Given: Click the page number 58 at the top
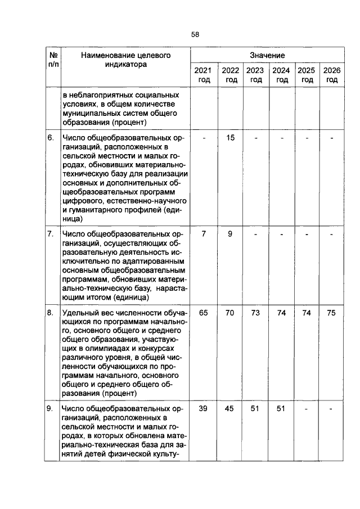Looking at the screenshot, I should [x=195, y=34].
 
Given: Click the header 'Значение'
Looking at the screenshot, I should [x=267, y=56].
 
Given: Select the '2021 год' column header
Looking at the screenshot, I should [x=203, y=75].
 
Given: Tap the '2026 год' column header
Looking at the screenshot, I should [x=332, y=75].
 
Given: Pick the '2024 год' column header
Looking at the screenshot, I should [x=281, y=75].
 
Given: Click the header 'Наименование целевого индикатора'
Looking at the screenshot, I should [x=125, y=60].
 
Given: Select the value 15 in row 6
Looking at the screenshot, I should [x=229, y=138].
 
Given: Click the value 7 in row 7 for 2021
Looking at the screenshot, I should [x=204, y=234].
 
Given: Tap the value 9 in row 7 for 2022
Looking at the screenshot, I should [x=229, y=234].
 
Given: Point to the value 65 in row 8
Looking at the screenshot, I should [x=204, y=313].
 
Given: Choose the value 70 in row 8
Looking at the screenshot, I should [x=229, y=313].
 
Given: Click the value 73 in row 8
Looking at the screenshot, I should [x=255, y=313].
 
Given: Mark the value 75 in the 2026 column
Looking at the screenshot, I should [x=331, y=313].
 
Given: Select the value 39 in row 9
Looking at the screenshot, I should [x=204, y=409].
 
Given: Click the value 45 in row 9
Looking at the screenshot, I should [x=229, y=409].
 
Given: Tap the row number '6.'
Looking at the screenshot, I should [x=50, y=138].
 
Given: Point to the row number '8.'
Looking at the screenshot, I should [x=50, y=313].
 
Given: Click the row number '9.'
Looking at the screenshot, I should [x=50, y=409].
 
